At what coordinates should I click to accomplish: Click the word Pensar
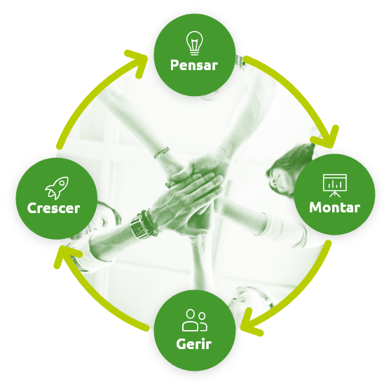194,65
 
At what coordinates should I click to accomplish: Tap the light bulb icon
194,43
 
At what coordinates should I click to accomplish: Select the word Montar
334,207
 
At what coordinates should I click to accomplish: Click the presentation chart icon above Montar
335,186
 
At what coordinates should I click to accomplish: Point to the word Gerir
194,344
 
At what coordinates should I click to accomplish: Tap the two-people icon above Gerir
194,320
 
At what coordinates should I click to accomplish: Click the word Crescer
54,208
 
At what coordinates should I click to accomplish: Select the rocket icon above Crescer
57,188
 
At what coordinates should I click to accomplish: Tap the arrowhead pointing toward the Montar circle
328,138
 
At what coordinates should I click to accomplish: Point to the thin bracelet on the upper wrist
162,152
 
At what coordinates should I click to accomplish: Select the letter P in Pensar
174,65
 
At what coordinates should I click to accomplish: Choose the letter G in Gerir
181,344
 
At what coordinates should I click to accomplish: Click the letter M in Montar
316,207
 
